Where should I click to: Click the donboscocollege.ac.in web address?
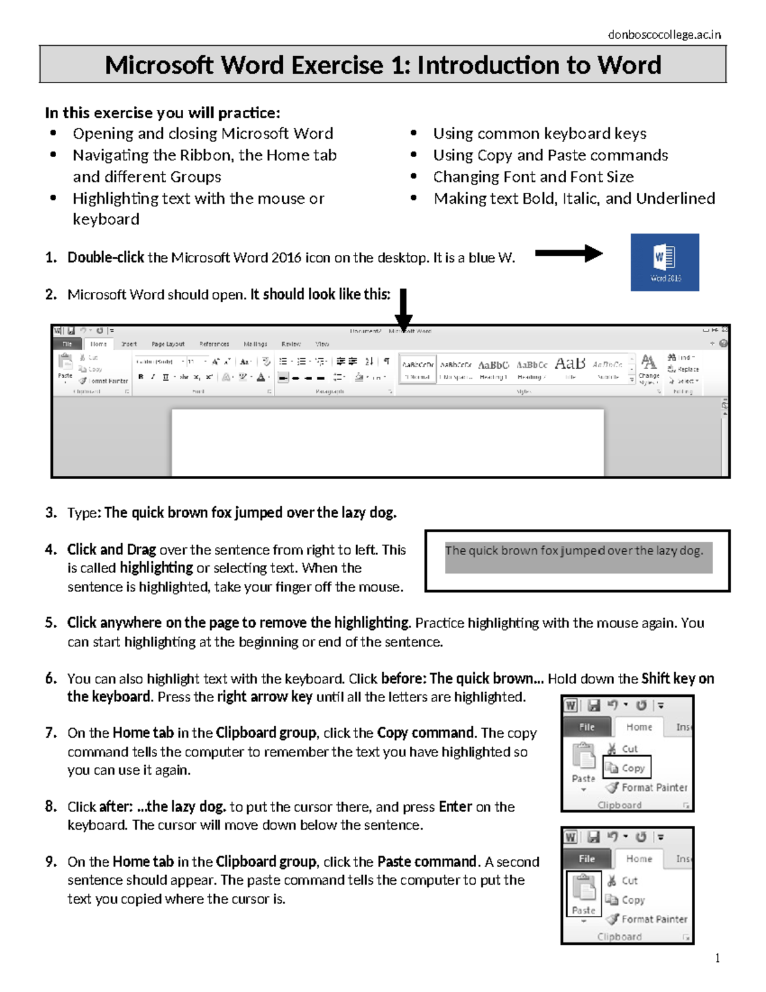coord(664,35)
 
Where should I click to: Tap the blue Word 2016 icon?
coord(665,262)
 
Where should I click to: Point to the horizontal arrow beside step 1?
coord(568,254)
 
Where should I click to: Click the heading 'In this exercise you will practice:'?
coord(162,113)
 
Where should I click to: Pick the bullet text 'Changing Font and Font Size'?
coord(533,177)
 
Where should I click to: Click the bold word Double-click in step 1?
coord(105,257)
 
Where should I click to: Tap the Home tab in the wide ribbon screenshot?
coord(98,344)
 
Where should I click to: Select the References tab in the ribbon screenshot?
coord(214,344)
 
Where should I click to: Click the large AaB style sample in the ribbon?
coord(569,364)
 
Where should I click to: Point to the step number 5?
coord(50,623)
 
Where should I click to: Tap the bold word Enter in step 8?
coord(455,807)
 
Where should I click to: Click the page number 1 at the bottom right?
coord(717,958)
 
